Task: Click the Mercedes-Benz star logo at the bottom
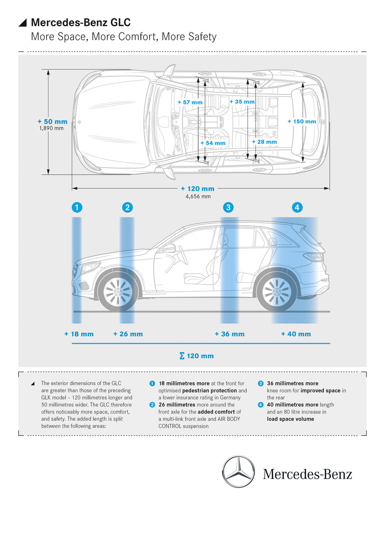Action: coord(238,471)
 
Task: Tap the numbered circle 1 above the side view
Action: coord(77,207)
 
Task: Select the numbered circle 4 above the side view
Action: coord(297,207)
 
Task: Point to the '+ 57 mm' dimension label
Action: coord(190,102)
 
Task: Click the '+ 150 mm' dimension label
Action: coord(302,121)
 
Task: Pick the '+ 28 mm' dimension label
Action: coord(264,142)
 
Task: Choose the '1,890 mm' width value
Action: coord(51,128)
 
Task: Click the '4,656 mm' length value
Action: coord(198,196)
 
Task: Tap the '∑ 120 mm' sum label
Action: coord(197,356)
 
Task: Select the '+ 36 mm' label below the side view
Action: coord(229,334)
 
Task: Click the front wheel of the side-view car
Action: coord(118,292)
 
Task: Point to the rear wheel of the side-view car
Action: coord(277,292)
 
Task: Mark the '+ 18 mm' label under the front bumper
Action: coord(79,334)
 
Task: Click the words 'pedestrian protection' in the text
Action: coord(209,390)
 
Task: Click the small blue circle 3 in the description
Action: coord(261,383)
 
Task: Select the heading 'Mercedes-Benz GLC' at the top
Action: coord(81,23)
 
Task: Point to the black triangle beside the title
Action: coord(23,23)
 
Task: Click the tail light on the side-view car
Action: coord(314,257)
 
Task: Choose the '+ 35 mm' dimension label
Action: coord(242,102)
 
